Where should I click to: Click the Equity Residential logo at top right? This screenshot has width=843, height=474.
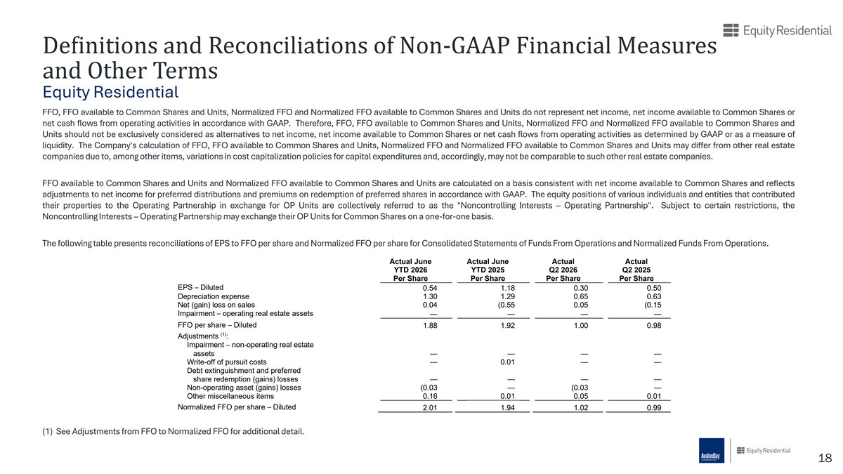(x=777, y=30)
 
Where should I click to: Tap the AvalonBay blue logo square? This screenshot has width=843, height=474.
(x=712, y=450)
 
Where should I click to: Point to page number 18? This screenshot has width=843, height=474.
(x=825, y=458)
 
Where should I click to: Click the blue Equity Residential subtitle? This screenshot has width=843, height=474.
(x=111, y=92)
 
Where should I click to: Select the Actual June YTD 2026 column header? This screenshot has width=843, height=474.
(x=410, y=270)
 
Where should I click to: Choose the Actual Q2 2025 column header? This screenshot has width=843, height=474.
(x=636, y=270)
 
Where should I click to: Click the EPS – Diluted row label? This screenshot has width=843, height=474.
(x=201, y=287)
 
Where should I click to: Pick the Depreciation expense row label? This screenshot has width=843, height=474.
(x=214, y=296)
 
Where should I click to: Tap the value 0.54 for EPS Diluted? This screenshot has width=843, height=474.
(x=430, y=288)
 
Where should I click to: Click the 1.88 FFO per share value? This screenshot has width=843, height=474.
(x=430, y=325)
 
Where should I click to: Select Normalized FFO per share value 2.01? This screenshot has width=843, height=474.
(x=430, y=407)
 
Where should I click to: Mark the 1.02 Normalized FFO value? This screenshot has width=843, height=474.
(x=581, y=407)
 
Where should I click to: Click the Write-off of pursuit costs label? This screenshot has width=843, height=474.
(x=226, y=362)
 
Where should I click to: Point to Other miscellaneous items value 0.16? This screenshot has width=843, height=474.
(x=430, y=396)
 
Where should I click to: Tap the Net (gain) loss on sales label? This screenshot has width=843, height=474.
(x=216, y=305)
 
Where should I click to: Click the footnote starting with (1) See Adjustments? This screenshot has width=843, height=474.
(x=173, y=431)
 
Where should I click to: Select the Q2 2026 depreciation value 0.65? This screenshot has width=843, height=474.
(x=581, y=296)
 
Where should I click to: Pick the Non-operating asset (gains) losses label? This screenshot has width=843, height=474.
(x=244, y=388)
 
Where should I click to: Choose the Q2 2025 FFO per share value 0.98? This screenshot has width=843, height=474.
(x=654, y=325)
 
